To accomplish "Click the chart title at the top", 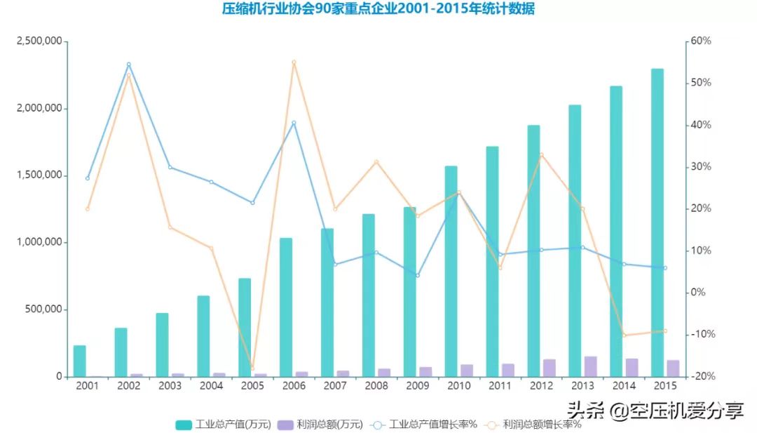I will click(378, 9).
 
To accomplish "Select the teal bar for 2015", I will click(657, 222).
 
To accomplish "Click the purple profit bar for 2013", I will click(591, 366).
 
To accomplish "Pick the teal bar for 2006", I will click(285, 307).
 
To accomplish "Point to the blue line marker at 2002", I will click(128, 65).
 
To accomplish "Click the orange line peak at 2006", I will click(294, 62).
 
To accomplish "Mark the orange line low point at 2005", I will click(252, 368).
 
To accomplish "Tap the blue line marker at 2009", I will click(417, 275).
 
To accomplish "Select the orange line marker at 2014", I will click(623, 335).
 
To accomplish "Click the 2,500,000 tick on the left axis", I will click(39, 41).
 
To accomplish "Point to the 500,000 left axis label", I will click(43, 309).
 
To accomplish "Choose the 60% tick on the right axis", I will click(700, 41).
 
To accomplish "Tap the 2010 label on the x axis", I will click(458, 386).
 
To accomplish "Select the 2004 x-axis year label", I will click(211, 386).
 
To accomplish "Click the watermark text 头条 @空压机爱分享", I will click(655, 411).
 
